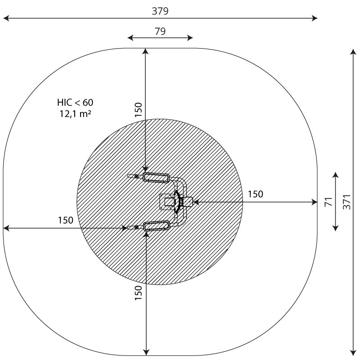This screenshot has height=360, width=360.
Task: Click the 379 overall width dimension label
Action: (x=160, y=11)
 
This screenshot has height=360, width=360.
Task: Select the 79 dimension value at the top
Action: (x=160, y=31)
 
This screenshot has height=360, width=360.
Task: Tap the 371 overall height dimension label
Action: (x=346, y=202)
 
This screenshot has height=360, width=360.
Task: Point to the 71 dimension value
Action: (x=328, y=202)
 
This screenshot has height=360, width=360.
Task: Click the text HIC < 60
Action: (x=75, y=103)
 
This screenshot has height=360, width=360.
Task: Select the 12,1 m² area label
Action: (x=75, y=113)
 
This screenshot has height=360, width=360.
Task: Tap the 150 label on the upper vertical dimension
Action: (x=138, y=109)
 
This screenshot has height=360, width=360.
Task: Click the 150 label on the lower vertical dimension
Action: (x=138, y=293)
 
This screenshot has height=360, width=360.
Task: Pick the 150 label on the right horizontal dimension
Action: (x=255, y=194)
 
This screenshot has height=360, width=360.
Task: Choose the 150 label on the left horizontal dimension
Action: (x=65, y=220)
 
